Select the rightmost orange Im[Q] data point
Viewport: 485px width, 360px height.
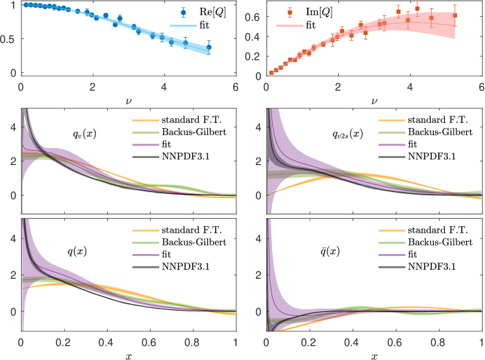tap(455, 16)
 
